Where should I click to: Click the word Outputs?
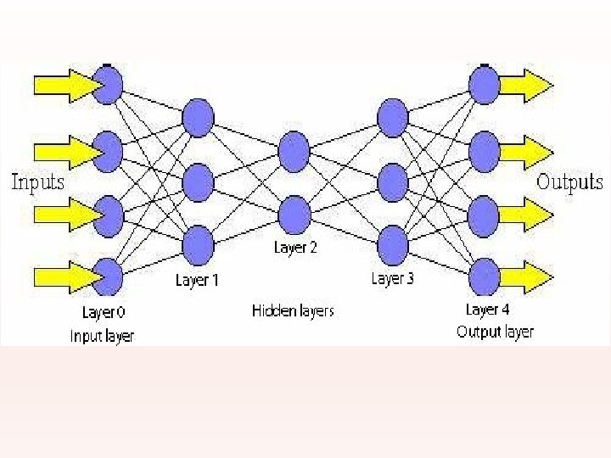click(x=569, y=182)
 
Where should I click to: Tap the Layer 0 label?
click(x=105, y=312)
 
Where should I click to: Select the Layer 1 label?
click(x=197, y=280)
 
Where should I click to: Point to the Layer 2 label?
click(x=295, y=248)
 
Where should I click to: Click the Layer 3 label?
click(x=392, y=278)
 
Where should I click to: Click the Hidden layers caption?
click(x=293, y=310)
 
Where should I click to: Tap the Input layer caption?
click(x=102, y=336)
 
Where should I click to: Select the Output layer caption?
click(x=495, y=332)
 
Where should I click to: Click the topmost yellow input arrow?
click(x=63, y=85)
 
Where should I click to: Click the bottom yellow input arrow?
click(x=63, y=276)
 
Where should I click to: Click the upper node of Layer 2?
click(x=294, y=149)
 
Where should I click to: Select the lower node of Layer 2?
click(x=294, y=213)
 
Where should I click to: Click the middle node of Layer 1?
click(x=198, y=181)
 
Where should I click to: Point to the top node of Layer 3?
click(x=393, y=117)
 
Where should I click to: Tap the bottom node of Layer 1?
click(x=198, y=244)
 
